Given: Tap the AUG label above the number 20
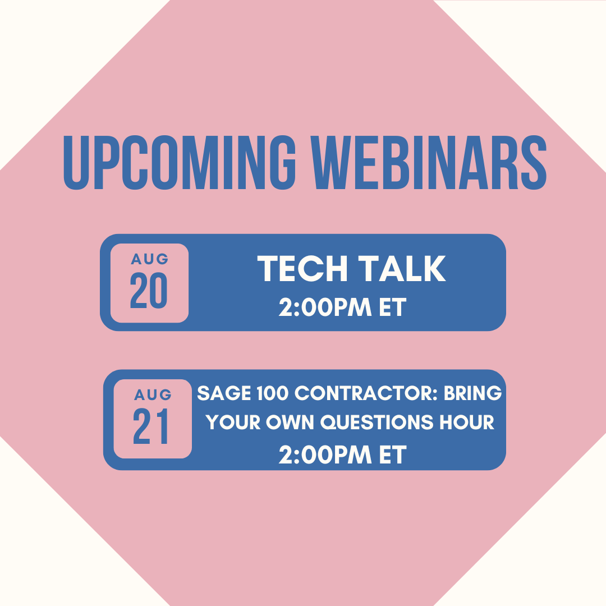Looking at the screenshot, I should pos(149,259).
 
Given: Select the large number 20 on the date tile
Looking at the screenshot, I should pos(149,291).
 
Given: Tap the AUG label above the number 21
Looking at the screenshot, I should pos(153,394).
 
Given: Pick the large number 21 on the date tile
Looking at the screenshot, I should pos(151,427).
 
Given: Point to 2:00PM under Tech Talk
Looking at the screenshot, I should pos(325,307).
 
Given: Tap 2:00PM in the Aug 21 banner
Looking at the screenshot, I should pos(325,455).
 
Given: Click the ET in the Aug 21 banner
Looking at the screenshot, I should pos(392,455).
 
